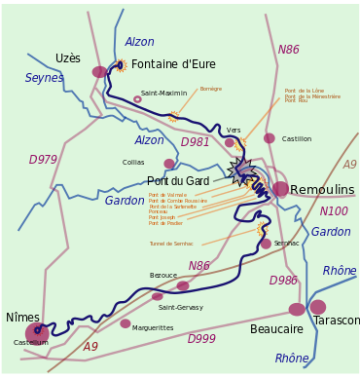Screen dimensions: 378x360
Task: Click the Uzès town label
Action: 68,58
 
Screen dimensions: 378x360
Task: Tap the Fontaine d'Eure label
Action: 173,65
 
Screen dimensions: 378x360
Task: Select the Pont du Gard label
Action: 177,181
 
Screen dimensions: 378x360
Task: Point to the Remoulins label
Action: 322,190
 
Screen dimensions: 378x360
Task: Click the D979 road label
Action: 43,160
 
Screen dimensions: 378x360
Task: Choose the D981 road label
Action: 195,142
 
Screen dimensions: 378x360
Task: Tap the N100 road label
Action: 334,211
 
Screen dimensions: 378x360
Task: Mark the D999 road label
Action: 201,339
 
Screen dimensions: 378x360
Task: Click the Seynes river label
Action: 44,78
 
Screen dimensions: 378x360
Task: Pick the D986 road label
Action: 283,281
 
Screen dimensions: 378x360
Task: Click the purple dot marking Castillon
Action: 270,138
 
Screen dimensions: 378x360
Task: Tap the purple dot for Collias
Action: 169,164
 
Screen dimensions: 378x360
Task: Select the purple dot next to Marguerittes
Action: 126,323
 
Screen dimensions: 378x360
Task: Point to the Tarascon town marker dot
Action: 318,307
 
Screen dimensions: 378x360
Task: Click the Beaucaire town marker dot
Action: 297,309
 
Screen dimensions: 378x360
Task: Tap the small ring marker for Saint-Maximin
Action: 137,99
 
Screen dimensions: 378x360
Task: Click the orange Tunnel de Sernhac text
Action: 171,244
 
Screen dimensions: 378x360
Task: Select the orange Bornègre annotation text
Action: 211,89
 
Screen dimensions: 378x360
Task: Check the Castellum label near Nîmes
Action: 30,343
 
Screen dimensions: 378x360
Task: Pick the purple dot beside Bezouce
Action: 183,285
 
